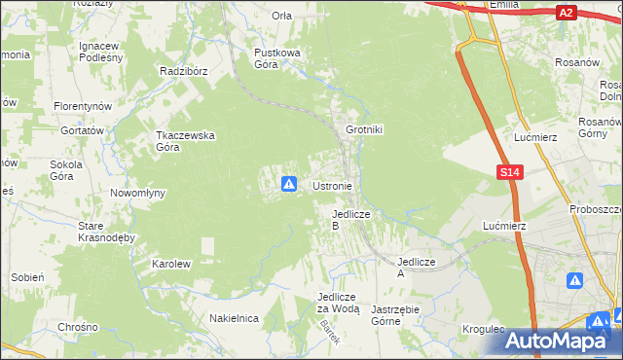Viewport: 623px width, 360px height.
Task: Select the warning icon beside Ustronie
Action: [x=289, y=183]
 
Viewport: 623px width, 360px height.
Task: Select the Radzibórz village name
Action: [x=185, y=71]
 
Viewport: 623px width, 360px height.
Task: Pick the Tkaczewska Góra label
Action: [x=185, y=141]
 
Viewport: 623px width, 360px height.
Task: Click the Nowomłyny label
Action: [x=137, y=193]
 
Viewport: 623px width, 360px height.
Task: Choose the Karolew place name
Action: [x=170, y=264]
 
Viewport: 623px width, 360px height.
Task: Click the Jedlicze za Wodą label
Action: [x=339, y=303]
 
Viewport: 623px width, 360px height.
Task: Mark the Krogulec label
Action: [x=484, y=330]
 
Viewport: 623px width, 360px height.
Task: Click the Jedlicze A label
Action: [x=414, y=268]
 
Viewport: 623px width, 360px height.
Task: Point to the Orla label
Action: [x=282, y=16]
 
